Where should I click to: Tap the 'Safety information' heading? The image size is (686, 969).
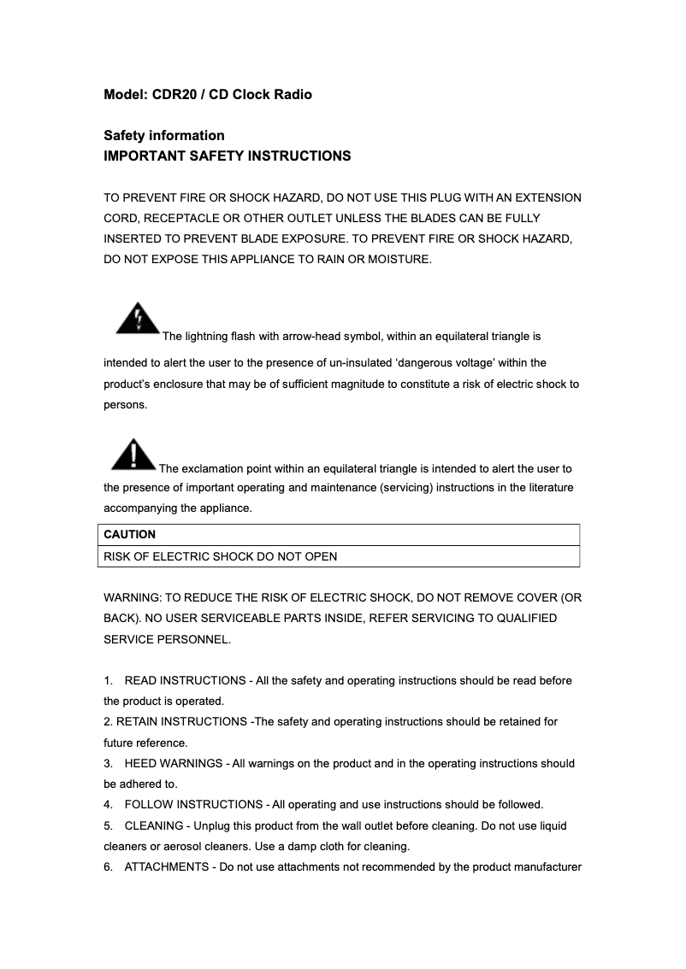pos(164,135)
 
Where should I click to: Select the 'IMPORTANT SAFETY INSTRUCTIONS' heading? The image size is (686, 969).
pos(227,156)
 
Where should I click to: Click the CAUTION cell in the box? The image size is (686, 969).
pos(130,534)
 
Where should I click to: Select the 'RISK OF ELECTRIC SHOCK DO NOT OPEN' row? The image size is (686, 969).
pos(221,556)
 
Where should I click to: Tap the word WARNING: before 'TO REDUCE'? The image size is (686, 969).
pos(131,597)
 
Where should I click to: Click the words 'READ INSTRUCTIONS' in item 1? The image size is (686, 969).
pos(185,680)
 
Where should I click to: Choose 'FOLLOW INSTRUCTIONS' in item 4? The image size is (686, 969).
pos(193,804)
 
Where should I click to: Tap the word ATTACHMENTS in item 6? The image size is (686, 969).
pos(167,867)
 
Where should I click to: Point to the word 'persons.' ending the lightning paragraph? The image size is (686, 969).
pos(126,405)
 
